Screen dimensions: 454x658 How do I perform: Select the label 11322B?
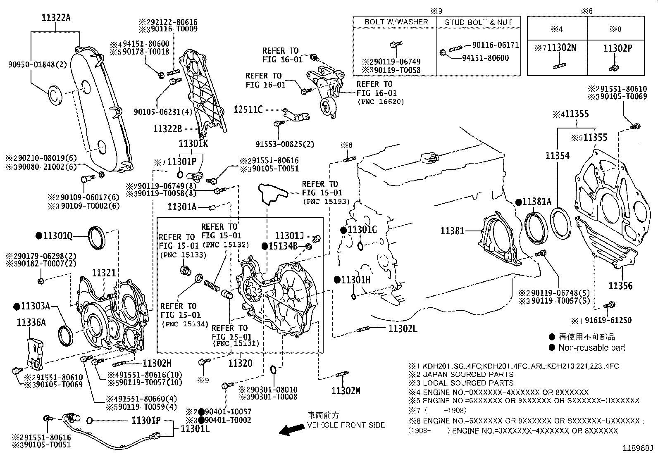[167, 129]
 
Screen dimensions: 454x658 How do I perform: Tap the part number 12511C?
[248, 110]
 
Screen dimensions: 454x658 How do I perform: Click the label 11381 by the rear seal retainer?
[453, 231]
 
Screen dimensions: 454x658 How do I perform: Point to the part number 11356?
[620, 286]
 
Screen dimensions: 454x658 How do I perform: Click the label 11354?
[557, 156]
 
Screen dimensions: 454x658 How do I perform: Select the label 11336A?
[31, 323]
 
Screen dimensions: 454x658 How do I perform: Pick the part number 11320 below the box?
[240, 363]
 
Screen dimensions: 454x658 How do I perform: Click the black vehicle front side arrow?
[290, 430]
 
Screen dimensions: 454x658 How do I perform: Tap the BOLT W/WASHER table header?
[396, 22]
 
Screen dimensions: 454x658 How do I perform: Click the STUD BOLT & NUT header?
[478, 22]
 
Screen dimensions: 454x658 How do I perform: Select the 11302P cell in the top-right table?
[617, 48]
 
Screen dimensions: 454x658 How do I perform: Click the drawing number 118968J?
[639, 448]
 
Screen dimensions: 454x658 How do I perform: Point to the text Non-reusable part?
[591, 348]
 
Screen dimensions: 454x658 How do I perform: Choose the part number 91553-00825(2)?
[285, 144]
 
